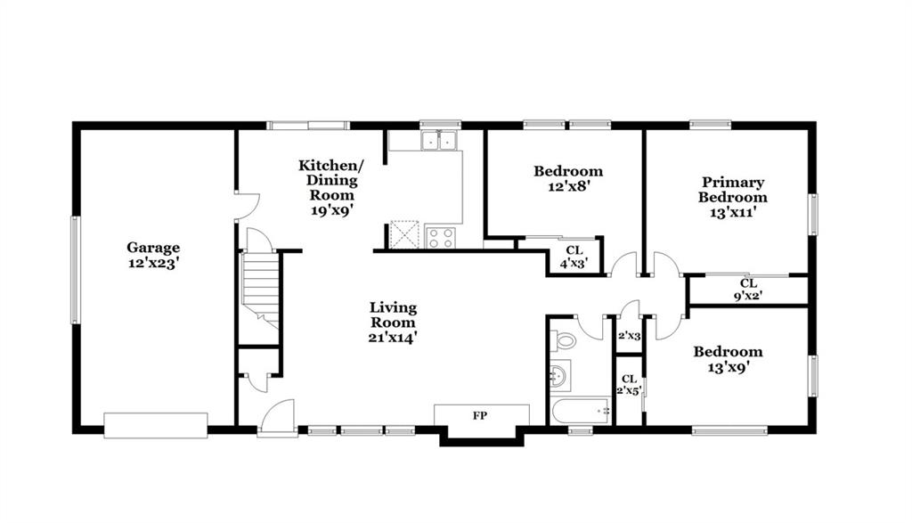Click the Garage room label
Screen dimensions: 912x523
tap(153, 248)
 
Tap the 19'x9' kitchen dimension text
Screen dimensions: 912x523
tap(332, 209)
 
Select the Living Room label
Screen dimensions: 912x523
tap(393, 315)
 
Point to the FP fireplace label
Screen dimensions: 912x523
tap(480, 415)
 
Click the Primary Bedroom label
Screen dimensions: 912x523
tap(733, 190)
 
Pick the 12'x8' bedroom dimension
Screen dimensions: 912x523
tap(568, 186)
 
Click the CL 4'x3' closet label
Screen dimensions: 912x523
tap(574, 256)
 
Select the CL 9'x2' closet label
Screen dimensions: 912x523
tap(748, 290)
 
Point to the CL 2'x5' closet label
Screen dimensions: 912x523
tap(629, 385)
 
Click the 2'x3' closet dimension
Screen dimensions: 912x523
tap(629, 336)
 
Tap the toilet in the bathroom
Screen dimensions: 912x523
tap(562, 339)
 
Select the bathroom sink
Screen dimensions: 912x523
tap(559, 374)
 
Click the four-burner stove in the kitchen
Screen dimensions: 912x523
tap(440, 237)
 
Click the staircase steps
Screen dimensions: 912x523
tap(261, 286)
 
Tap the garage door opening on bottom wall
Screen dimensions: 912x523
tap(156, 425)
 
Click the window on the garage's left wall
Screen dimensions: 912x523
tap(75, 270)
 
